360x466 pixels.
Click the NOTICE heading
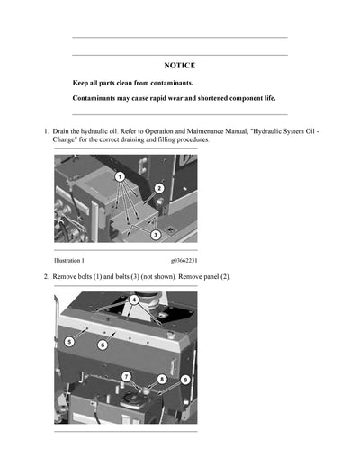pyautogui.click(x=179, y=66)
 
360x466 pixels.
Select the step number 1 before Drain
pyautogui.click(x=46, y=132)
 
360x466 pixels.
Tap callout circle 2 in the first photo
pyautogui.click(x=158, y=188)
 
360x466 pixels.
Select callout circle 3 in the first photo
pyautogui.click(x=155, y=235)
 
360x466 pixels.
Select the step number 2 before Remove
pyautogui.click(x=46, y=276)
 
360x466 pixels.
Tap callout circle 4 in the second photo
pyautogui.click(x=134, y=300)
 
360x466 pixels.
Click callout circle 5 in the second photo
pyautogui.click(x=69, y=342)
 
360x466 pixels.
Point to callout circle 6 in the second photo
pyautogui.click(x=103, y=345)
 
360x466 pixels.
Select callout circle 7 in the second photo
pyautogui.click(x=126, y=376)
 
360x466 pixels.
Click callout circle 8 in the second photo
pyautogui.click(x=161, y=379)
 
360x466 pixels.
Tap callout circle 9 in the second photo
pyautogui.click(x=184, y=380)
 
